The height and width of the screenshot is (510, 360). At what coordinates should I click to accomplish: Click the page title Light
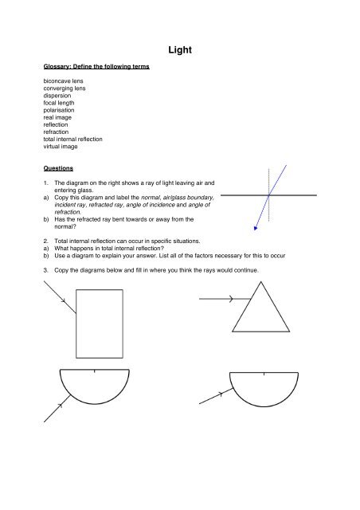(179, 51)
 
